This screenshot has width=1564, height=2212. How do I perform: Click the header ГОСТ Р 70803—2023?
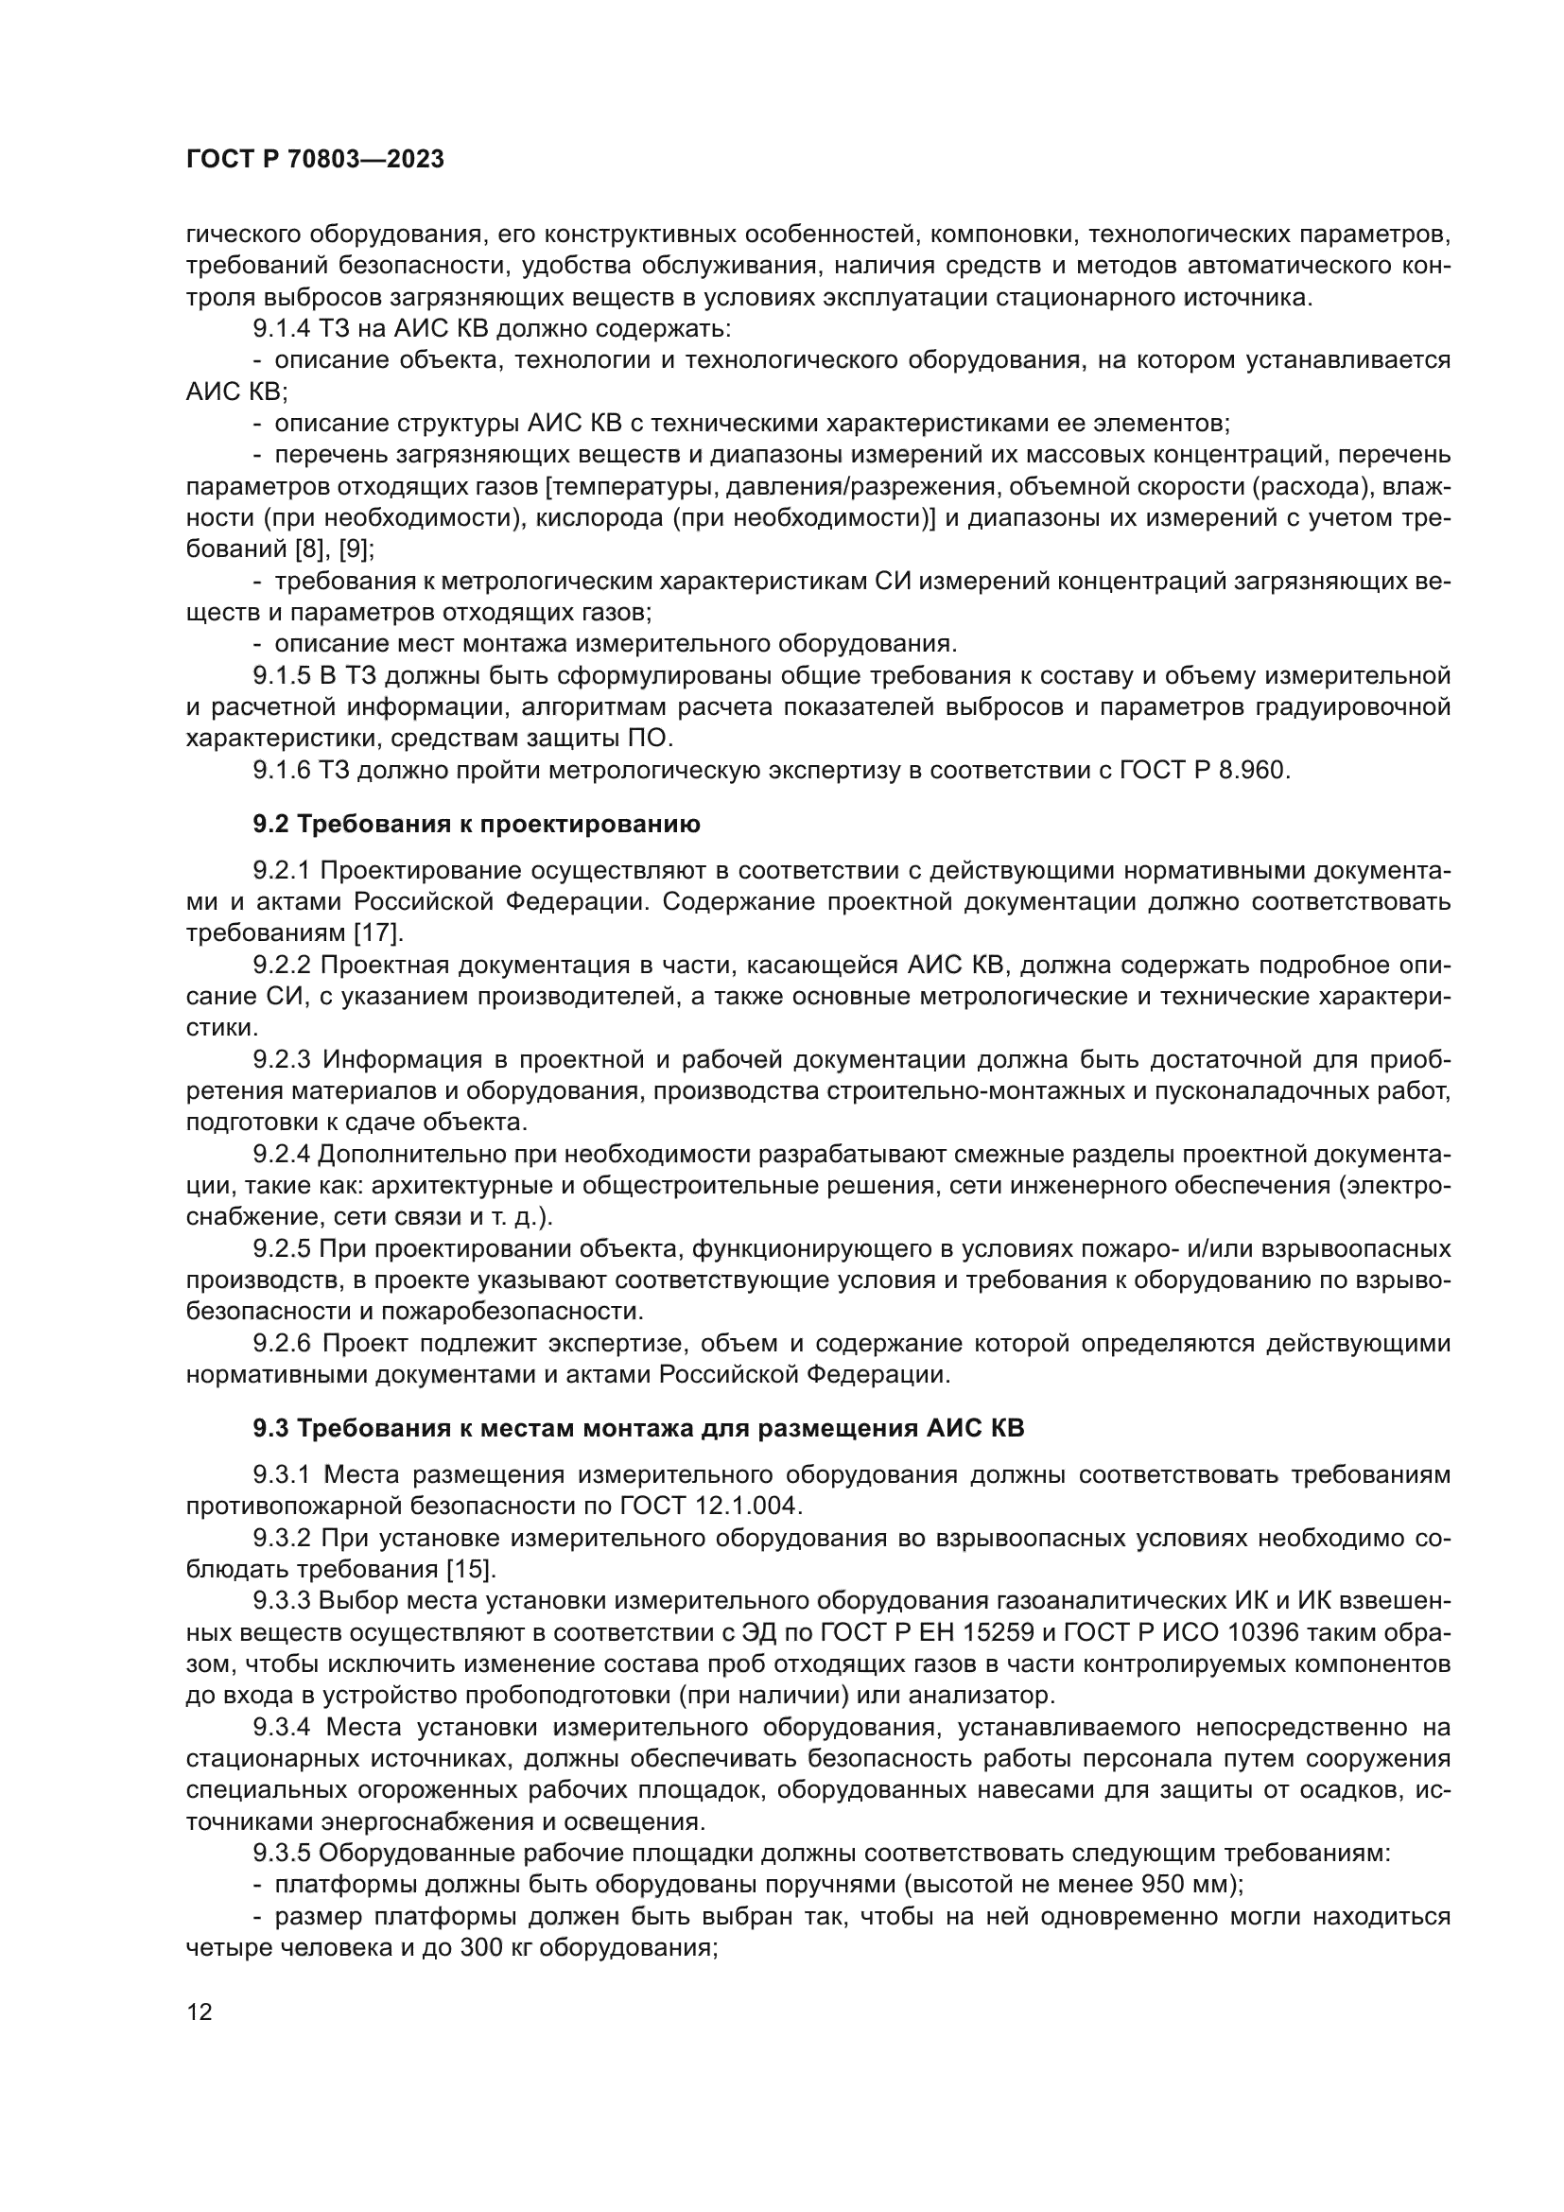point(315,160)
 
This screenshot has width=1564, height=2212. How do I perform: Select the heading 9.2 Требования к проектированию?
point(477,824)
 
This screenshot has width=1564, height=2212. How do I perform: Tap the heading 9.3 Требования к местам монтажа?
point(638,1428)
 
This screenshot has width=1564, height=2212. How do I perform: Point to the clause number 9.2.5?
point(281,1249)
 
